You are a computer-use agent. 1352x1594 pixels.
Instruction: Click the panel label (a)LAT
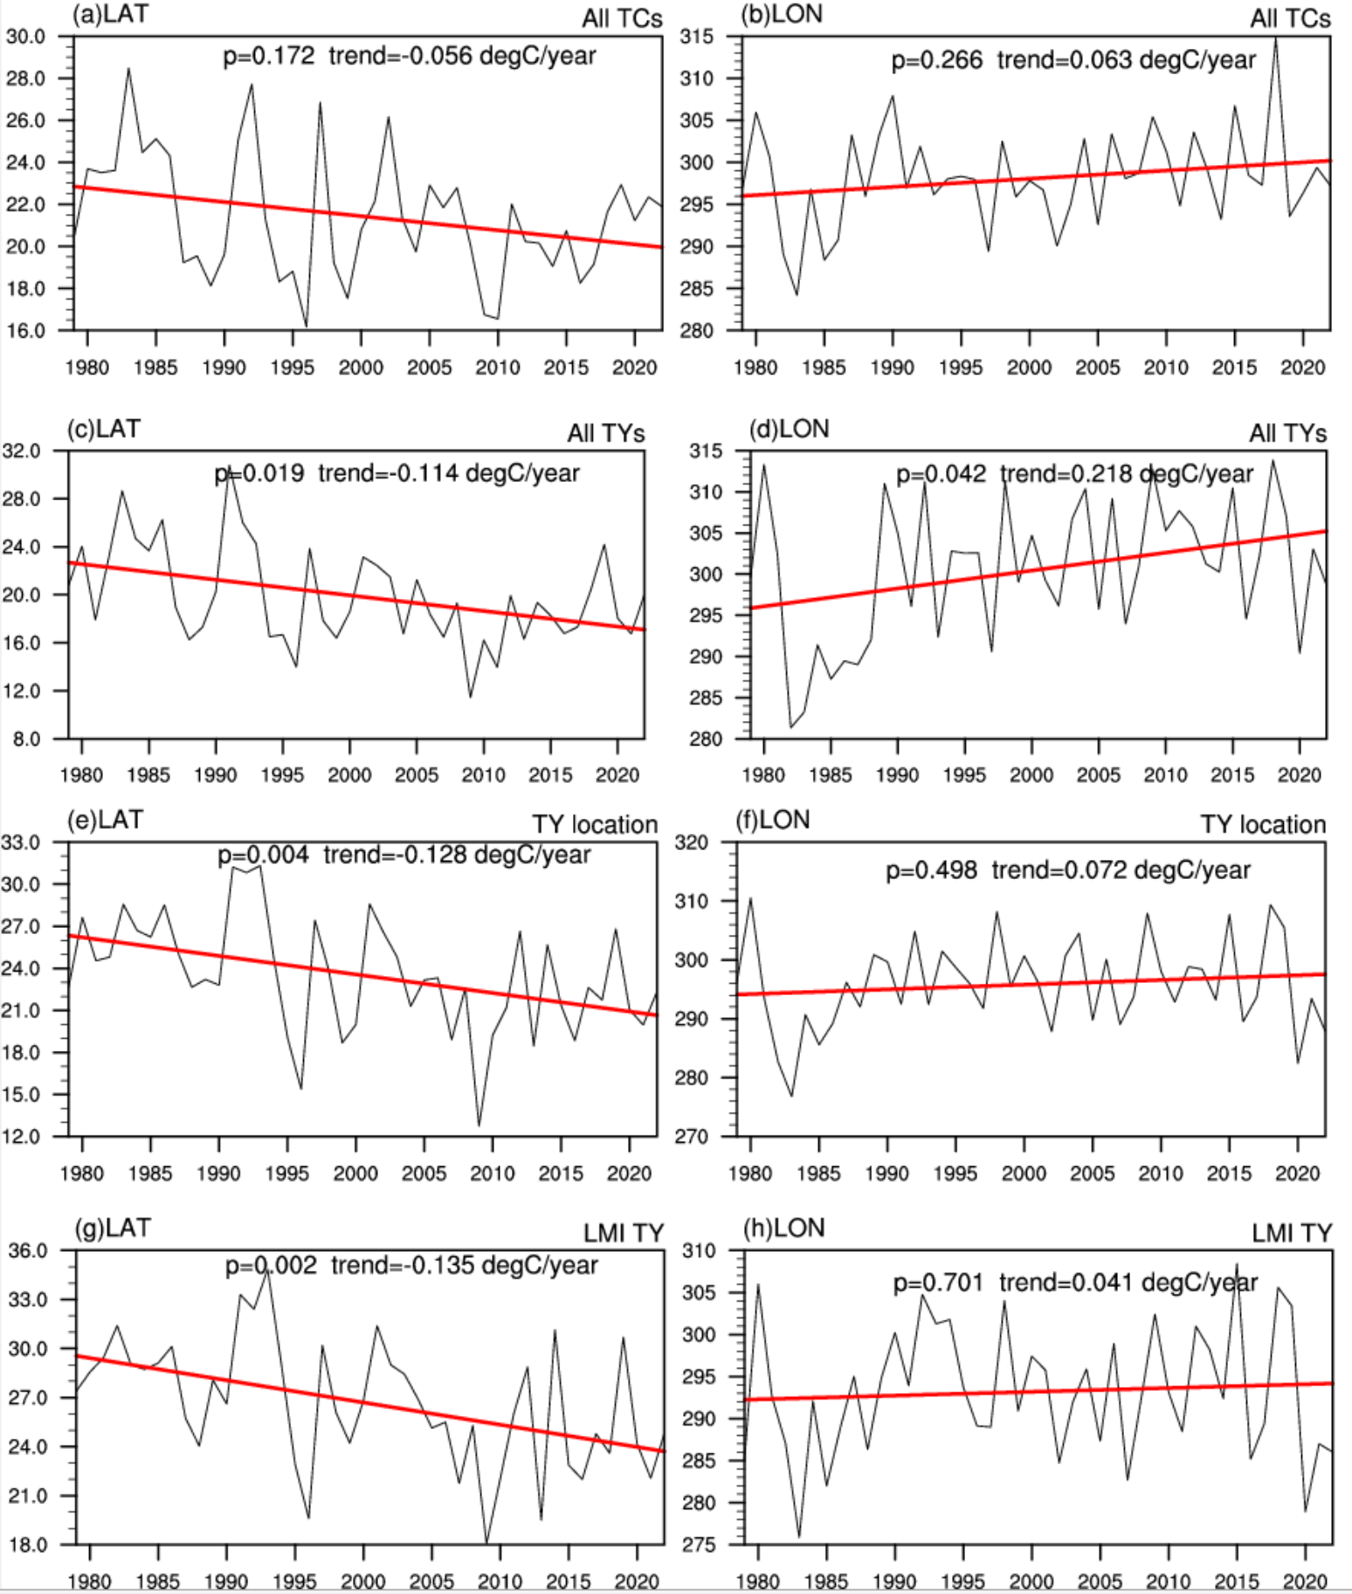click(110, 15)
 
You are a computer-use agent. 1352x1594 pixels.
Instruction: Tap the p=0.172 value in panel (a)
click(268, 57)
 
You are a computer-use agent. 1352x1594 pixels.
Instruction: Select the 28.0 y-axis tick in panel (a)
click(25, 79)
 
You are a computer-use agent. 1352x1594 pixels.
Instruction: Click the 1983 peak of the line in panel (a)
click(129, 68)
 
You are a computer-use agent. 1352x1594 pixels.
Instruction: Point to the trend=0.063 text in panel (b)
click(1126, 60)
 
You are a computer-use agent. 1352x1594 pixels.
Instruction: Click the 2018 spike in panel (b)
click(1276, 39)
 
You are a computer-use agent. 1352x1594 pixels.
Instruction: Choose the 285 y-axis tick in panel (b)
click(696, 289)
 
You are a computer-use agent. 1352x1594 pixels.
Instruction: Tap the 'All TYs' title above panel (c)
click(605, 433)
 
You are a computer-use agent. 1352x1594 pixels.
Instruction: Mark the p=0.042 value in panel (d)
click(941, 474)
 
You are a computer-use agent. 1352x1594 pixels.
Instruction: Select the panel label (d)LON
click(789, 429)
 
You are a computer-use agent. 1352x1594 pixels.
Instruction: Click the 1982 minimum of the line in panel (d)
click(791, 726)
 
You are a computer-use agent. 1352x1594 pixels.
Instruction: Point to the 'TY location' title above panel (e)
click(595, 824)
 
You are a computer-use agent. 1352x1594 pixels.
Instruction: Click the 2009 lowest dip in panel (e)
click(479, 1124)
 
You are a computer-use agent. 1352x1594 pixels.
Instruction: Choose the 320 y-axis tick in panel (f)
click(691, 843)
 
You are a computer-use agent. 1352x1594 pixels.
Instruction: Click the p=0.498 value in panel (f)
click(931, 870)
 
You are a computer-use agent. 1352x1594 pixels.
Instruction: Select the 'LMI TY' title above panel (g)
click(624, 1233)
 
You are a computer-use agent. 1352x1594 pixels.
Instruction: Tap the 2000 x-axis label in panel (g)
click(363, 1581)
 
